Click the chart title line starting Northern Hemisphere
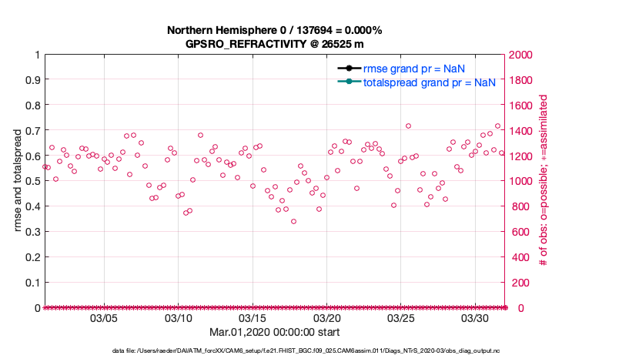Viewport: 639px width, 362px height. (x=275, y=30)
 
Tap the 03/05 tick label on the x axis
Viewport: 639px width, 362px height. (x=104, y=318)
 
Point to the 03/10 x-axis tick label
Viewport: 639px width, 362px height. (x=179, y=318)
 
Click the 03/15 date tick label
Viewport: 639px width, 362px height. (x=253, y=318)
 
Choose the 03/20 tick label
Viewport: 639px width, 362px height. (x=327, y=318)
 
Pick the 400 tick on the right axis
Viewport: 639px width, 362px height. (x=520, y=257)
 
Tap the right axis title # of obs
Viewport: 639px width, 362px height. (x=544, y=181)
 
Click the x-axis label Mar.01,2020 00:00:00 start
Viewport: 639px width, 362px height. (x=275, y=332)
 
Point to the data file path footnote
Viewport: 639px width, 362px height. (x=306, y=350)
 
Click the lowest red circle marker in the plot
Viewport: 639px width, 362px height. (x=293, y=222)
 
